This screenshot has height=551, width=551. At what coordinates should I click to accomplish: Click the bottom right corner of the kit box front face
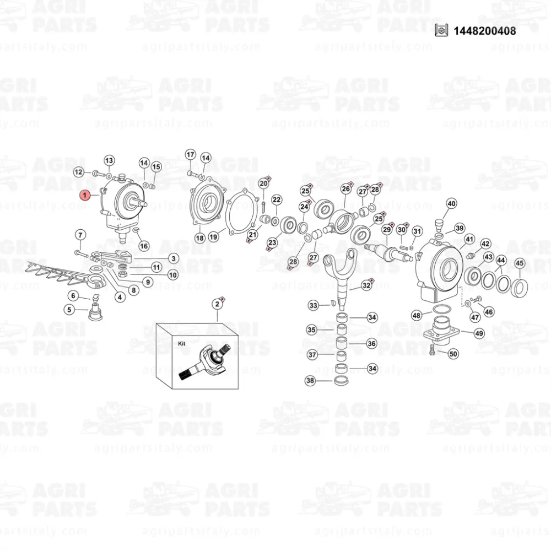click(239, 389)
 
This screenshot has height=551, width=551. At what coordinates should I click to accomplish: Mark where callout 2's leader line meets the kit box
click(218, 322)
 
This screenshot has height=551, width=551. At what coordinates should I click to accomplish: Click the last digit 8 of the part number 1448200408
click(512, 31)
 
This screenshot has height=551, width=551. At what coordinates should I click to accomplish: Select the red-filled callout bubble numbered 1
click(85, 195)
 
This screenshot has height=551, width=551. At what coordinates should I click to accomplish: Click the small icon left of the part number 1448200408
click(441, 30)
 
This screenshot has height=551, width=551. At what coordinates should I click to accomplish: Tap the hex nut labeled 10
click(122, 274)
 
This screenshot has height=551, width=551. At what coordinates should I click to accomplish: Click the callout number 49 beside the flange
click(479, 333)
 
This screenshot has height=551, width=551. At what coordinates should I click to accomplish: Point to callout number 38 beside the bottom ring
click(310, 381)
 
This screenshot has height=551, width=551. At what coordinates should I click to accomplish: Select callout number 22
click(277, 200)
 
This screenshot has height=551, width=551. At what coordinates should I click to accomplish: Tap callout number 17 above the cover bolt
click(191, 155)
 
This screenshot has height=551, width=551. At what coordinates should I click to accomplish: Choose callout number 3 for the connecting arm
click(174, 258)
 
